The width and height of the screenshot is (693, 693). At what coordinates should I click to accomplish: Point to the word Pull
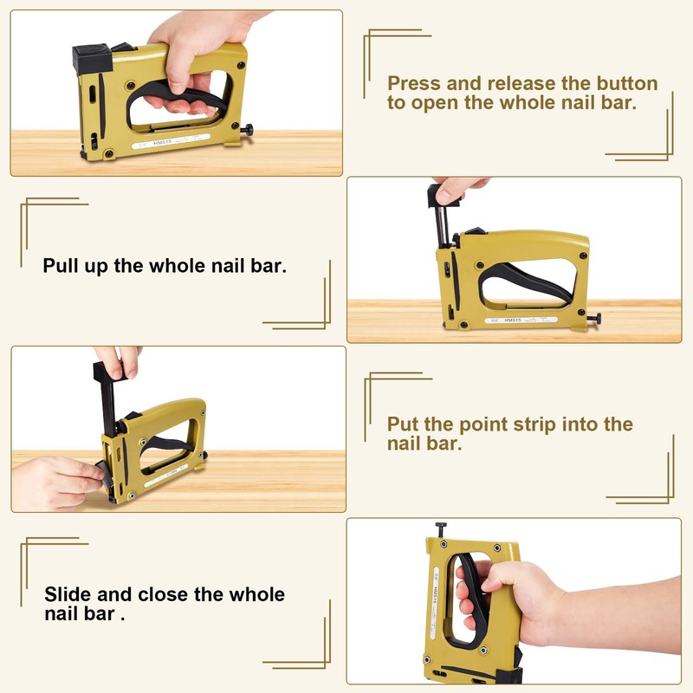coord(62,265)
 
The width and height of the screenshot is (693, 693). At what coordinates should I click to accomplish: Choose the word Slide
coord(68,595)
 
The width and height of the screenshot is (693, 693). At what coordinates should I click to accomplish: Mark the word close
coord(191,595)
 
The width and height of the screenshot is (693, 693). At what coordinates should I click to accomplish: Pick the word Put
coord(405,424)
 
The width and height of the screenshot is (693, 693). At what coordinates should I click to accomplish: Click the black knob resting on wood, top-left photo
coord(248,130)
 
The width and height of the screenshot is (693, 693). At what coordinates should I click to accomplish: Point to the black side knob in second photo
coord(594,320)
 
